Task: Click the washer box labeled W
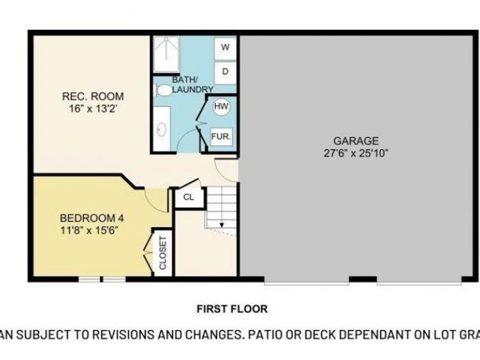tap(225, 47)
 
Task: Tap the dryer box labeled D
tap(225, 71)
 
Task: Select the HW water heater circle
tap(221, 107)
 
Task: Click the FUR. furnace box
tap(221, 137)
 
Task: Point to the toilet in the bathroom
tap(165, 90)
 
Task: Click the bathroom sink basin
tap(161, 129)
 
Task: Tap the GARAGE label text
tap(356, 141)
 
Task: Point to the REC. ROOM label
tap(93, 97)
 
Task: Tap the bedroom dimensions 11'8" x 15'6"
tap(88, 230)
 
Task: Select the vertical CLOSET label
tap(163, 253)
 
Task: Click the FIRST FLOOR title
tap(232, 309)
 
